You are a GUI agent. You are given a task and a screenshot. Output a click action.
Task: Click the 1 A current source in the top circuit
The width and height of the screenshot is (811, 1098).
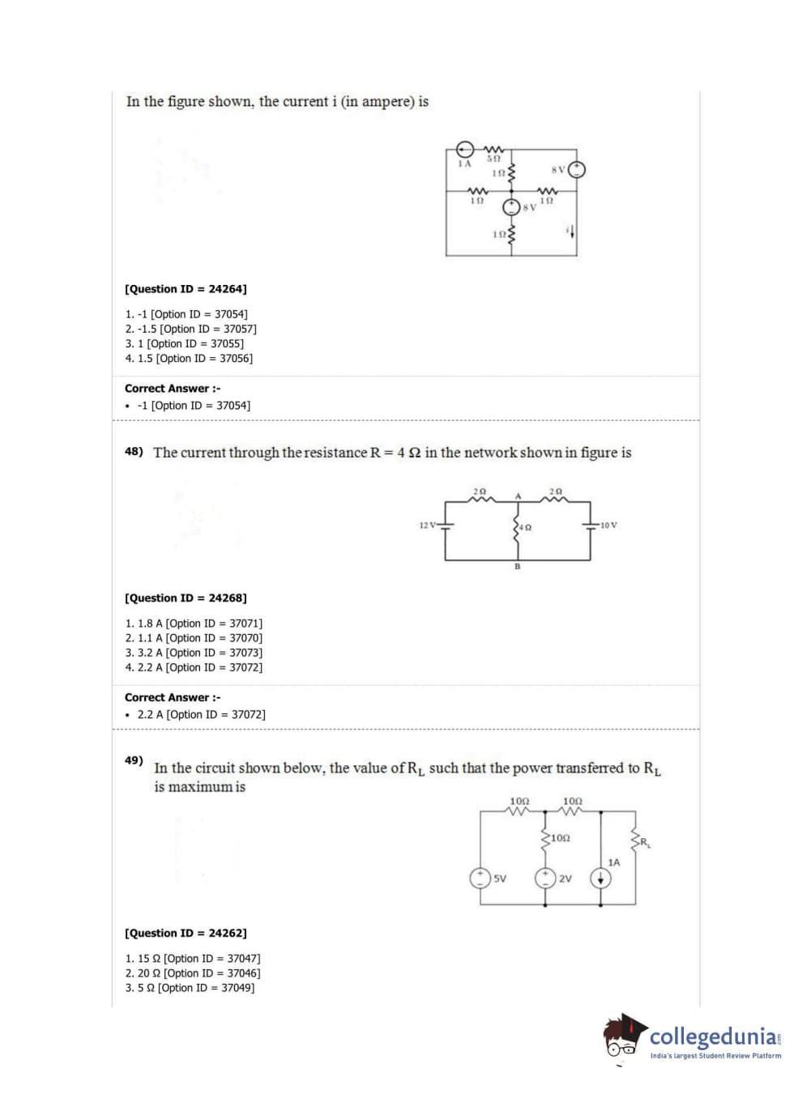(464, 150)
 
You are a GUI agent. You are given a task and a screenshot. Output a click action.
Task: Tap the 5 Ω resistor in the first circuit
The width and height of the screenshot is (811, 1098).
(493, 150)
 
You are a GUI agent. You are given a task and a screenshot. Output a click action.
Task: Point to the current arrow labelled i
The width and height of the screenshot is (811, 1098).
(573, 232)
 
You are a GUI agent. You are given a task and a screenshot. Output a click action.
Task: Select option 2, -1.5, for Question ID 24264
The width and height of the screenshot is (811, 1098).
(190, 329)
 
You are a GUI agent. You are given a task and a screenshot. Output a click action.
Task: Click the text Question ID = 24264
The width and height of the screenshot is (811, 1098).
(186, 289)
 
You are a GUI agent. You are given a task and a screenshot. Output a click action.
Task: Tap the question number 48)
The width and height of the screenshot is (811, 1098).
(134, 452)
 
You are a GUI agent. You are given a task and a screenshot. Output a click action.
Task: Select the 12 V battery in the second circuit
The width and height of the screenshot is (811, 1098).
(445, 526)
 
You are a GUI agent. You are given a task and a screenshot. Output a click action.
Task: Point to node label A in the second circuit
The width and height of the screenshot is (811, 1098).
(518, 496)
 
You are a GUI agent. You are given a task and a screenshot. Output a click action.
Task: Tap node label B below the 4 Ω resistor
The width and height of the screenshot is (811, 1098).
(517, 567)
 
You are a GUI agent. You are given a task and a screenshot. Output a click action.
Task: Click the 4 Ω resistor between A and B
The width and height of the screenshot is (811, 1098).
(517, 527)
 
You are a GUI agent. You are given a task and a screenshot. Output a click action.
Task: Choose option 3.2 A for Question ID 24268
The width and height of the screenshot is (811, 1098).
(194, 653)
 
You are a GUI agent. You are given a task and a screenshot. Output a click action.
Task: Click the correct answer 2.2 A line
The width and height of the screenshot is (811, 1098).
(201, 715)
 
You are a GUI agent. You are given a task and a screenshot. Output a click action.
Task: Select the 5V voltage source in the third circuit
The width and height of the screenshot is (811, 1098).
(480, 878)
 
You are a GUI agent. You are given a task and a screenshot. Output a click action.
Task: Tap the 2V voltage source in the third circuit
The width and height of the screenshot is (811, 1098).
(545, 878)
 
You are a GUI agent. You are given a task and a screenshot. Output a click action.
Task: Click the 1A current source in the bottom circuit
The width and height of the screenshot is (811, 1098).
(600, 879)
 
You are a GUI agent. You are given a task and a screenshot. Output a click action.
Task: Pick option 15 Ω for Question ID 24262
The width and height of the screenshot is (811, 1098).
(192, 959)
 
